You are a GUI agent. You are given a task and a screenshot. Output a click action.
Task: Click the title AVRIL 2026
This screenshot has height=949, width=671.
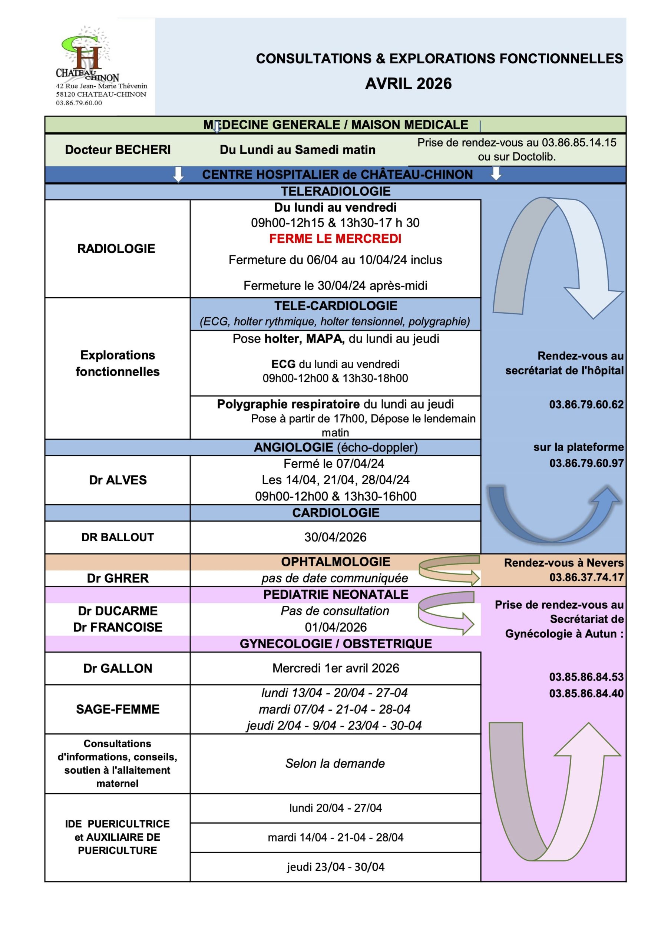(x=408, y=84)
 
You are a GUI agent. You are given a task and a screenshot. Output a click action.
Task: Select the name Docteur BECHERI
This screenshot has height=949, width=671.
(x=118, y=150)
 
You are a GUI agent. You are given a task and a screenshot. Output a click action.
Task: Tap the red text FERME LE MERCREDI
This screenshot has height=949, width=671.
(x=335, y=238)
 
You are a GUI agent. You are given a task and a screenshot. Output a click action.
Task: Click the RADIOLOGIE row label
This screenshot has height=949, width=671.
(x=116, y=248)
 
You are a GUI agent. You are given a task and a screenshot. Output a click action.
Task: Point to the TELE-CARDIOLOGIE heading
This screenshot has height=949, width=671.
(x=335, y=306)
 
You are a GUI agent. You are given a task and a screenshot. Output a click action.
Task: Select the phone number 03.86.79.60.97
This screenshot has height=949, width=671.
(x=586, y=463)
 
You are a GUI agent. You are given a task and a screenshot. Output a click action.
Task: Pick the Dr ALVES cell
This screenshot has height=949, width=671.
(x=118, y=480)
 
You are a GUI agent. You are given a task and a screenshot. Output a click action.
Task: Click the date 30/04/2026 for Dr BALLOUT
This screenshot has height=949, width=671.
(x=335, y=537)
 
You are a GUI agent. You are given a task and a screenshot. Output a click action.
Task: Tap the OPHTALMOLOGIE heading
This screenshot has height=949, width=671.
(x=335, y=562)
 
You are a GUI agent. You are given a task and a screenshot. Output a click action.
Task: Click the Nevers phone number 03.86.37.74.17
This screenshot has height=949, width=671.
(x=586, y=578)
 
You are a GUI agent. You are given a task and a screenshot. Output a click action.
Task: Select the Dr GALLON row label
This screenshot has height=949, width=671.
(x=118, y=668)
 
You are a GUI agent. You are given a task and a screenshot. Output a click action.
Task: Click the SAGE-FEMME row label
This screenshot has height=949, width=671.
(x=118, y=709)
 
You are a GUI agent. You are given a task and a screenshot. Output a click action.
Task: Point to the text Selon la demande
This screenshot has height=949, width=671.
(x=335, y=763)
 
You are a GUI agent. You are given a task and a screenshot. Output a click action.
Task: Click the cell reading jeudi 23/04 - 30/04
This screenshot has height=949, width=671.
(x=335, y=867)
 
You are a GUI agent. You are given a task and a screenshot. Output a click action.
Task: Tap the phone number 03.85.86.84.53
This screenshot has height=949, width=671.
(x=586, y=677)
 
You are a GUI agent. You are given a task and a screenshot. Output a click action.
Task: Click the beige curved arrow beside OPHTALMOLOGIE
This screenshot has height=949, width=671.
(x=449, y=570)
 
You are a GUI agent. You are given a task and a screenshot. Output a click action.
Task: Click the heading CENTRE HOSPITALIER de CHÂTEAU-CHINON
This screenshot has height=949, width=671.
(x=337, y=175)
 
